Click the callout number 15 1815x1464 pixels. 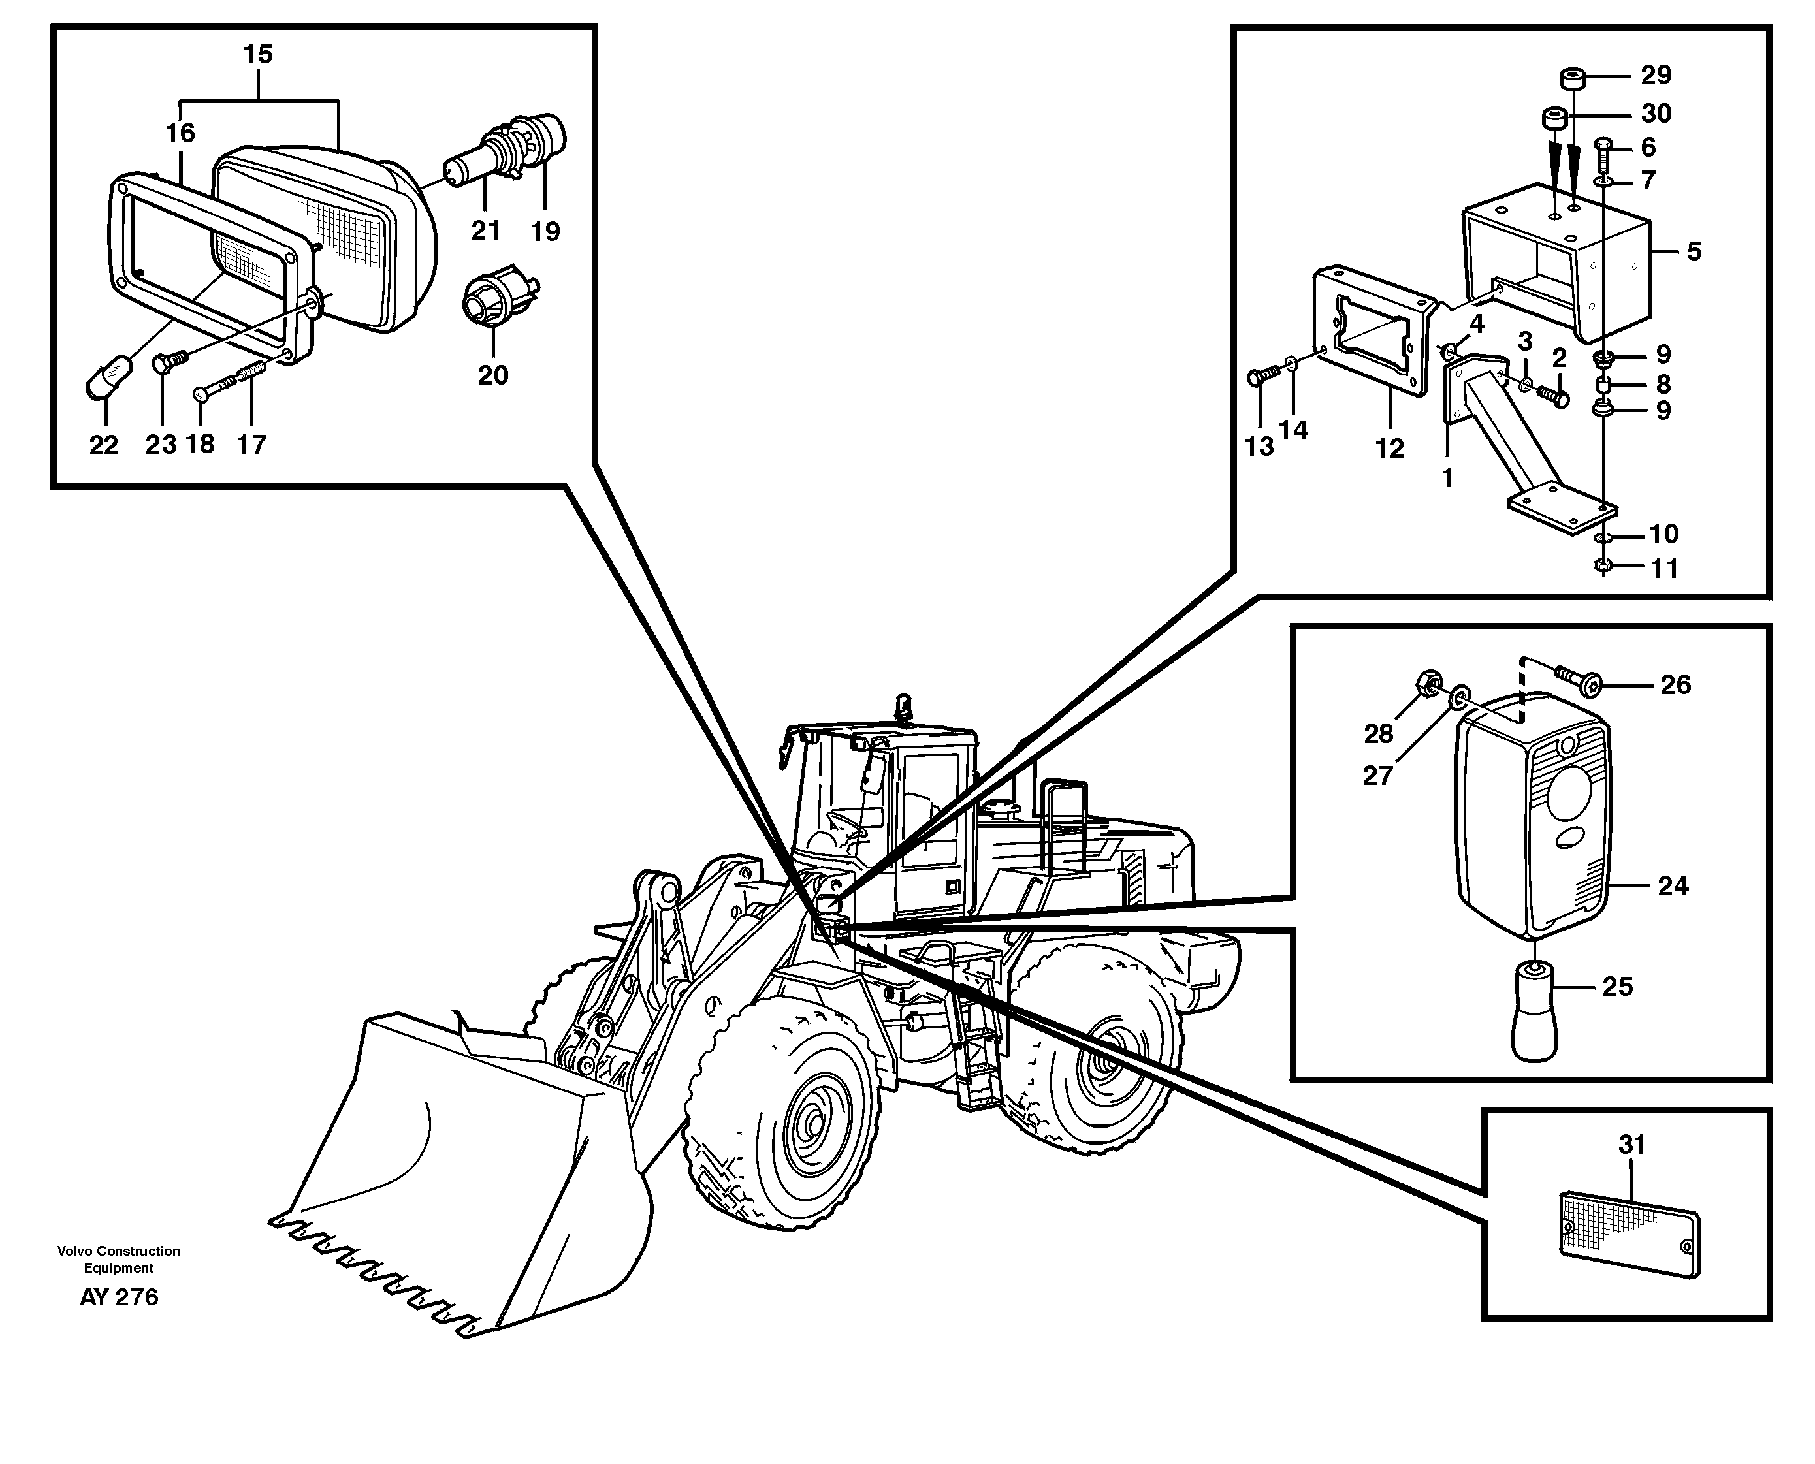[x=258, y=55]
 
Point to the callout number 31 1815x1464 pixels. [x=1632, y=1145]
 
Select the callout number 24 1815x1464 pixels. [x=1673, y=885]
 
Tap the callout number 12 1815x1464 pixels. [x=1390, y=449]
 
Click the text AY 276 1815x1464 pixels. [x=119, y=1297]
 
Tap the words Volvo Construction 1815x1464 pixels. [x=119, y=1250]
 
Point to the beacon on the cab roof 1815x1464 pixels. [x=904, y=705]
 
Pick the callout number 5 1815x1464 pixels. [x=1694, y=251]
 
